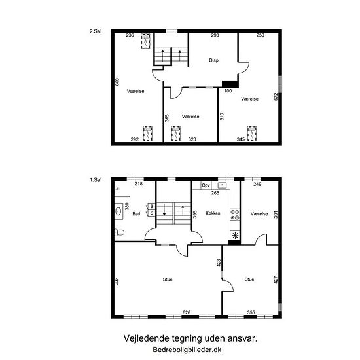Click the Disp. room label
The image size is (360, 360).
tap(214, 60)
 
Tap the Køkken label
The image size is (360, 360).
tap(213, 213)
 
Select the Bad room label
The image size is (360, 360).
tap(136, 214)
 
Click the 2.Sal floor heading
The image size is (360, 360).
tap(96, 31)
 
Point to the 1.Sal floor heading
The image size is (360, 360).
tap(96, 180)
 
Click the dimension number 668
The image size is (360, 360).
tap(117, 82)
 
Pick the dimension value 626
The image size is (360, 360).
tap(187, 312)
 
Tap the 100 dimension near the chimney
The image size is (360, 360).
tap(228, 91)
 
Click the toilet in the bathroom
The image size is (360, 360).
tap(119, 232)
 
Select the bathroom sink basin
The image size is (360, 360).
tap(118, 211)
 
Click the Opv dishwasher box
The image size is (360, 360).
tap(206, 185)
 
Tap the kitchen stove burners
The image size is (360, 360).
tap(235, 215)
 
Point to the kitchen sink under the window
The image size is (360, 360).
tap(222, 185)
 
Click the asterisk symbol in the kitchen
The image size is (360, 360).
tap(235, 236)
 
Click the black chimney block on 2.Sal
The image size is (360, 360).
tap(230, 84)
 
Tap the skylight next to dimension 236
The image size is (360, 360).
tap(145, 41)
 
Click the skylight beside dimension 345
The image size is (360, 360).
tap(252, 134)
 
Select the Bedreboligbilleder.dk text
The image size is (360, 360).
tap(187, 350)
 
